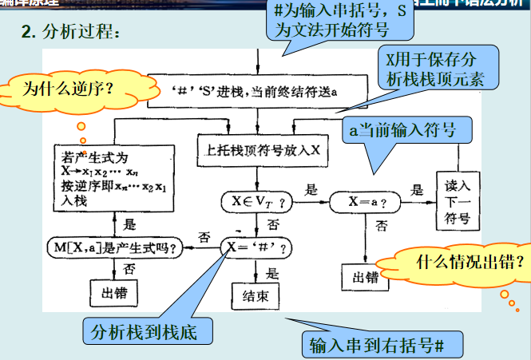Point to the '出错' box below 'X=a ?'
click(x=364, y=277)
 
